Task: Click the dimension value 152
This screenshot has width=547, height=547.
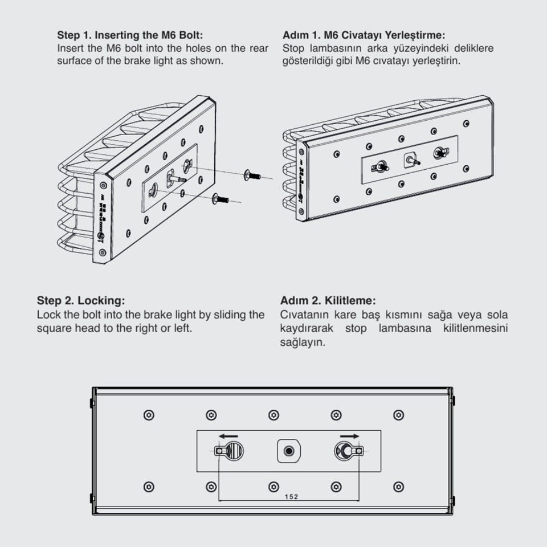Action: tap(291, 496)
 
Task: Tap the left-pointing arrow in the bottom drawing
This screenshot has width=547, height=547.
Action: tap(228, 436)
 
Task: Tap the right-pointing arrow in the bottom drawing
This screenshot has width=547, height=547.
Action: tap(349, 436)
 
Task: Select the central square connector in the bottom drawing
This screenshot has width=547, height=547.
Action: tap(288, 451)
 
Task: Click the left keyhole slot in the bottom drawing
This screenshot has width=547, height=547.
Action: tap(229, 451)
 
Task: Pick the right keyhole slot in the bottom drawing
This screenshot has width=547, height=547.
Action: tap(349, 451)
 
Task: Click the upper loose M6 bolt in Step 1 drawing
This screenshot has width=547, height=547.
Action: tap(252, 175)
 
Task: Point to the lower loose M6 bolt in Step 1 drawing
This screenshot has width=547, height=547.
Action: tap(220, 199)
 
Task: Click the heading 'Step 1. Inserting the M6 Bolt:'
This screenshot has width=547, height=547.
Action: tap(130, 35)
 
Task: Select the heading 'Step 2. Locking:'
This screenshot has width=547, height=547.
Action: tap(81, 300)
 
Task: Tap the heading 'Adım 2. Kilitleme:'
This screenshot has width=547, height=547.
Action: tap(328, 300)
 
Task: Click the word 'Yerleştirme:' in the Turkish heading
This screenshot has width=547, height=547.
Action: tap(415, 35)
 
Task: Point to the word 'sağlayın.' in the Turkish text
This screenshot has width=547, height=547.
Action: tap(303, 342)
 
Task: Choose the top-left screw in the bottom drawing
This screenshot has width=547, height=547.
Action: tap(149, 415)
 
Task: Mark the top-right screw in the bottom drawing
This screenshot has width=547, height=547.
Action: tap(398, 415)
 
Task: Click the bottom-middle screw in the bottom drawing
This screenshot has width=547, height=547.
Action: tap(273, 487)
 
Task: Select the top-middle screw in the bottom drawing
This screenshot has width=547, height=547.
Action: tap(273, 415)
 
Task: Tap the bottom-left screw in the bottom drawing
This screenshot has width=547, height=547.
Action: tap(149, 487)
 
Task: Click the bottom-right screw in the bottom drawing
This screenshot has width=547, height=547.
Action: tap(398, 487)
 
